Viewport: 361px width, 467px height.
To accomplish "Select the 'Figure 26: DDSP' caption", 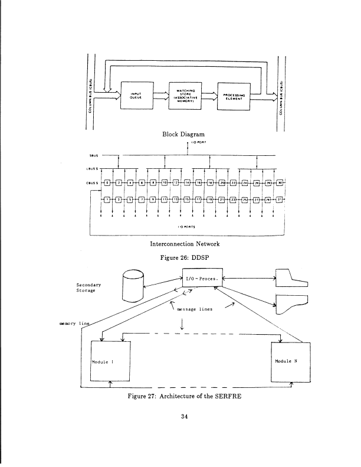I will (187, 257).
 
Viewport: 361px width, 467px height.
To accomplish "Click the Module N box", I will (287, 361).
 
